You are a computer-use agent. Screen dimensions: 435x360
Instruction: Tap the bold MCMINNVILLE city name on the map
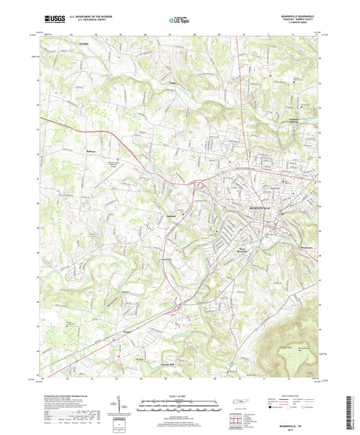pos(259,208)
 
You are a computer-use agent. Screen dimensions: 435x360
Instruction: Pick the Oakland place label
pos(171,216)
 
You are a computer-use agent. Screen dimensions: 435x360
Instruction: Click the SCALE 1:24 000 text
pos(180,396)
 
